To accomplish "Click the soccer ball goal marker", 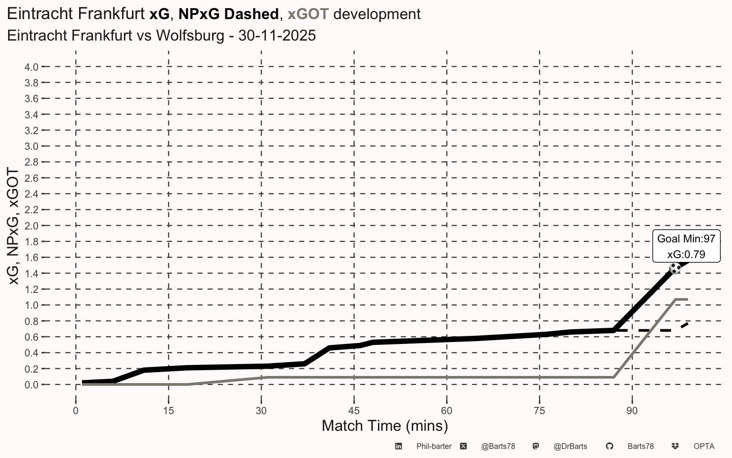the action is (x=675, y=269).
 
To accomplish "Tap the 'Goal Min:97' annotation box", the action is (x=686, y=246).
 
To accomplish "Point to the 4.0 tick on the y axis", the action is (x=31, y=67).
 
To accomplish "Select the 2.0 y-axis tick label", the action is (x=31, y=226).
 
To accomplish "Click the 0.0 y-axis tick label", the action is (x=31, y=385).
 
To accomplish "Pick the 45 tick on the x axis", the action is (x=354, y=411).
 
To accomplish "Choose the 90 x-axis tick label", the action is (x=632, y=411).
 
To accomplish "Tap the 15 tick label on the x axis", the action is (x=169, y=411).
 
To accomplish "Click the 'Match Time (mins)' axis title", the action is (x=385, y=426).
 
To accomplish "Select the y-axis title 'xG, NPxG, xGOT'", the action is (x=13, y=226).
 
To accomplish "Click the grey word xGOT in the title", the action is (x=308, y=14).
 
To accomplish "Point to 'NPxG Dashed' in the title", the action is (x=228, y=14).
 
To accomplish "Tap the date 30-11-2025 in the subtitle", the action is (x=277, y=36).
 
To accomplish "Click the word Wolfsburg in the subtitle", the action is (x=190, y=36).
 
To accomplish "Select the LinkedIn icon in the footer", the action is (x=398, y=446).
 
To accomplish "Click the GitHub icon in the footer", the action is (x=610, y=446).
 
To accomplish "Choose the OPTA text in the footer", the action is (x=704, y=446).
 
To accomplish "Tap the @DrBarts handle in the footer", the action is (x=570, y=446).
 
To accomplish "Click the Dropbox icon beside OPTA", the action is (x=675, y=446).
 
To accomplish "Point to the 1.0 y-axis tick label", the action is (x=31, y=305).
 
